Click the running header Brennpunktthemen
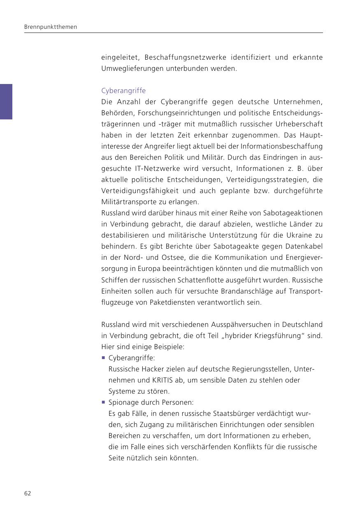pos(51,27)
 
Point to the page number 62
pos(28,493)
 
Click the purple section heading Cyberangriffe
pos(123,91)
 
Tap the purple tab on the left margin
pos(6,102)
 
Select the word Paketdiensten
pos(171,302)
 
